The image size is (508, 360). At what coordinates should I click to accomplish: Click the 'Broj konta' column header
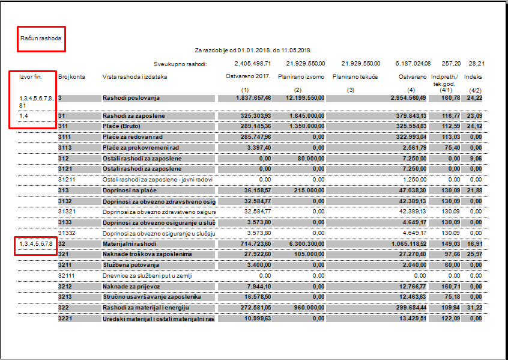coord(71,77)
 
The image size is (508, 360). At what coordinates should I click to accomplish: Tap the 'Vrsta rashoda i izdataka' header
coord(135,77)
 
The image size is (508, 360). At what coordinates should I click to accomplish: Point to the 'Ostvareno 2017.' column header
coord(248,76)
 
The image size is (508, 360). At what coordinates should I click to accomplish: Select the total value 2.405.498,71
coord(252,63)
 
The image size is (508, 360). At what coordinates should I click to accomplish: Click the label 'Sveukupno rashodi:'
coord(180,63)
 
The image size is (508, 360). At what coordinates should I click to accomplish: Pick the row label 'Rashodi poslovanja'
coord(131,97)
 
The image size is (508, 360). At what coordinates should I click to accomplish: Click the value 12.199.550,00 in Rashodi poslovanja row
coord(305,97)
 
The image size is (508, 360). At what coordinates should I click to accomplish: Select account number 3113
coord(65,147)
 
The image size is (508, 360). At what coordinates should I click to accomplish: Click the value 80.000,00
coord(311,158)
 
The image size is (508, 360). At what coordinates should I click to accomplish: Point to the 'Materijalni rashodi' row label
coord(130,244)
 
